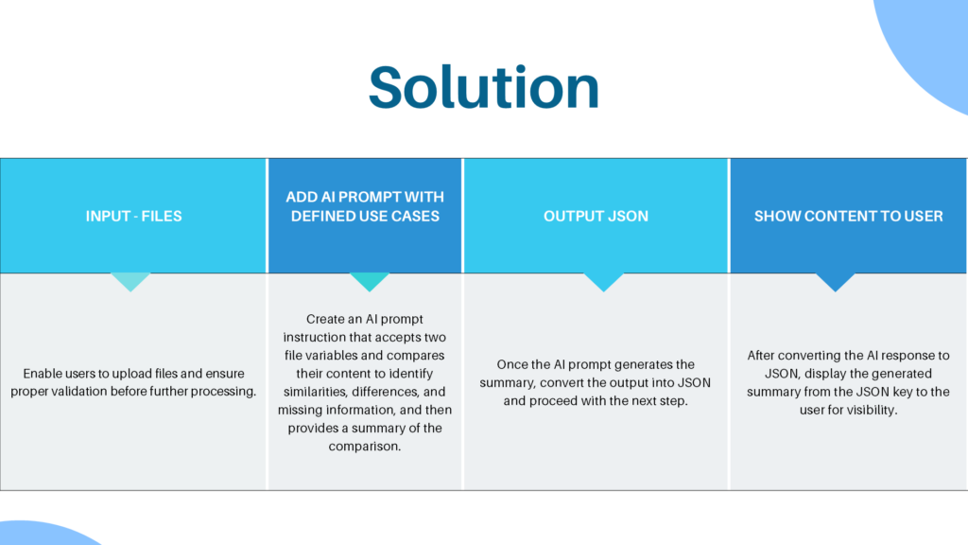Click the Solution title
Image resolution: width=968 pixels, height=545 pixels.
point(483,88)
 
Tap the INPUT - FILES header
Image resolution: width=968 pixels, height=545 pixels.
point(133,216)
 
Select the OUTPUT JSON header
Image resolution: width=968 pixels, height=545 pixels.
point(596,216)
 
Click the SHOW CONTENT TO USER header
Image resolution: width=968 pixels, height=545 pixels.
point(848,216)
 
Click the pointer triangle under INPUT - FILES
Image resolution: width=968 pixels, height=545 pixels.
point(130,281)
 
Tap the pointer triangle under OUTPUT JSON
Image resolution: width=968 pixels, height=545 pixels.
point(603,281)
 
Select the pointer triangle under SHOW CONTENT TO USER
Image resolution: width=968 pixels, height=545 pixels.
point(835,281)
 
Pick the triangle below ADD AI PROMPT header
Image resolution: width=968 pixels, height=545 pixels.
point(370,281)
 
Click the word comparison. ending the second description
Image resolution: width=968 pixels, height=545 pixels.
point(365,447)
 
